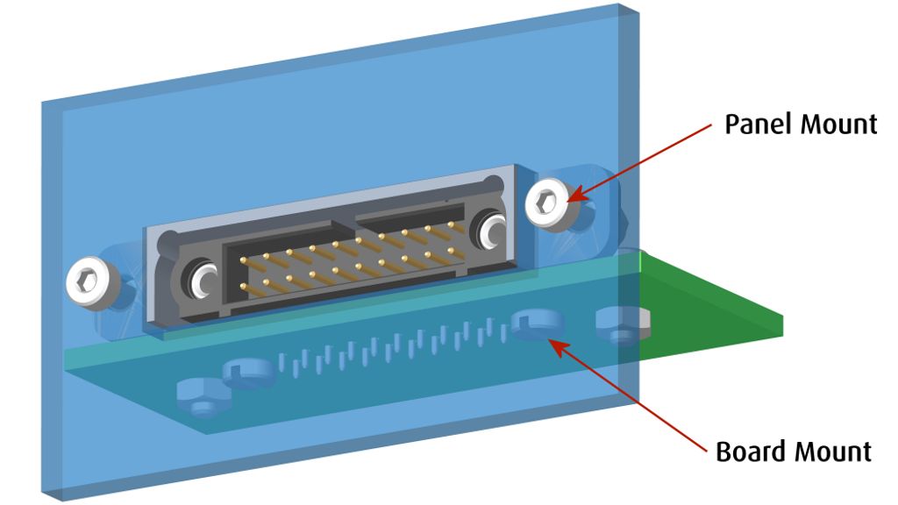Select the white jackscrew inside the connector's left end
[202, 280]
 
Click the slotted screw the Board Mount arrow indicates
[532, 322]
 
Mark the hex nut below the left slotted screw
[201, 396]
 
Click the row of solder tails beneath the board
[395, 346]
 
